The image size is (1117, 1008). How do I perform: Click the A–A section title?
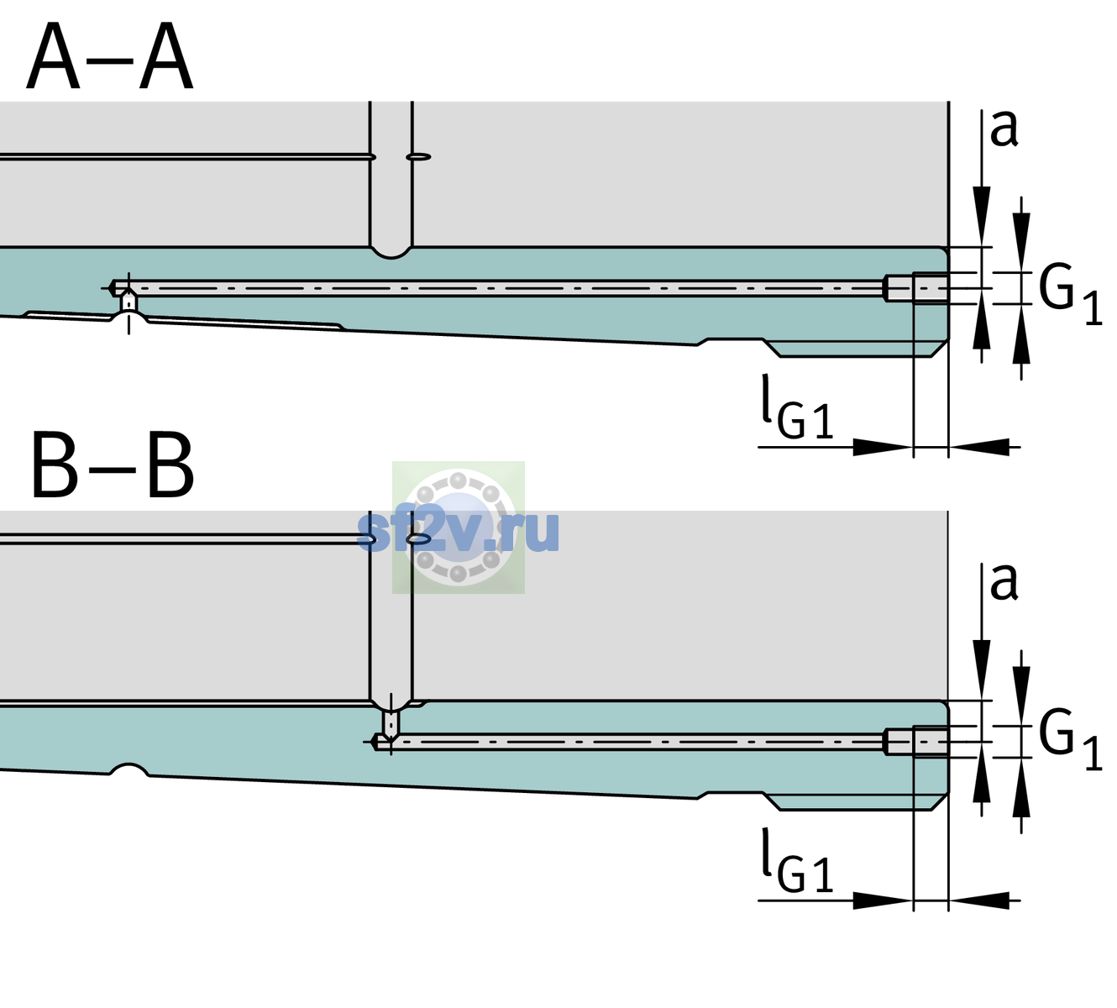coord(110,56)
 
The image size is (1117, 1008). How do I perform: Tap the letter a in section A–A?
coord(1004,129)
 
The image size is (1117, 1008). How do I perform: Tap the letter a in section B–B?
coord(1004,583)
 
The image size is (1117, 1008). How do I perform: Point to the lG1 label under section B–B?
coord(797,860)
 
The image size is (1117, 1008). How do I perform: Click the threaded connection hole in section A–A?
coord(916,288)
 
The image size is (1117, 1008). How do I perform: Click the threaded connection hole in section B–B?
coord(916,742)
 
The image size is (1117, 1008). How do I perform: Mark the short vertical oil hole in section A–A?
coord(128,302)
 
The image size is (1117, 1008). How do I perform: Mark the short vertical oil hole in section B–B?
coord(391,724)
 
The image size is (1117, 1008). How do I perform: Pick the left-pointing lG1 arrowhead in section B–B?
coord(979,900)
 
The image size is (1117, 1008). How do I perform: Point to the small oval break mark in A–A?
coord(418,157)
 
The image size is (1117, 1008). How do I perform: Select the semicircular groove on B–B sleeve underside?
coord(129,769)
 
